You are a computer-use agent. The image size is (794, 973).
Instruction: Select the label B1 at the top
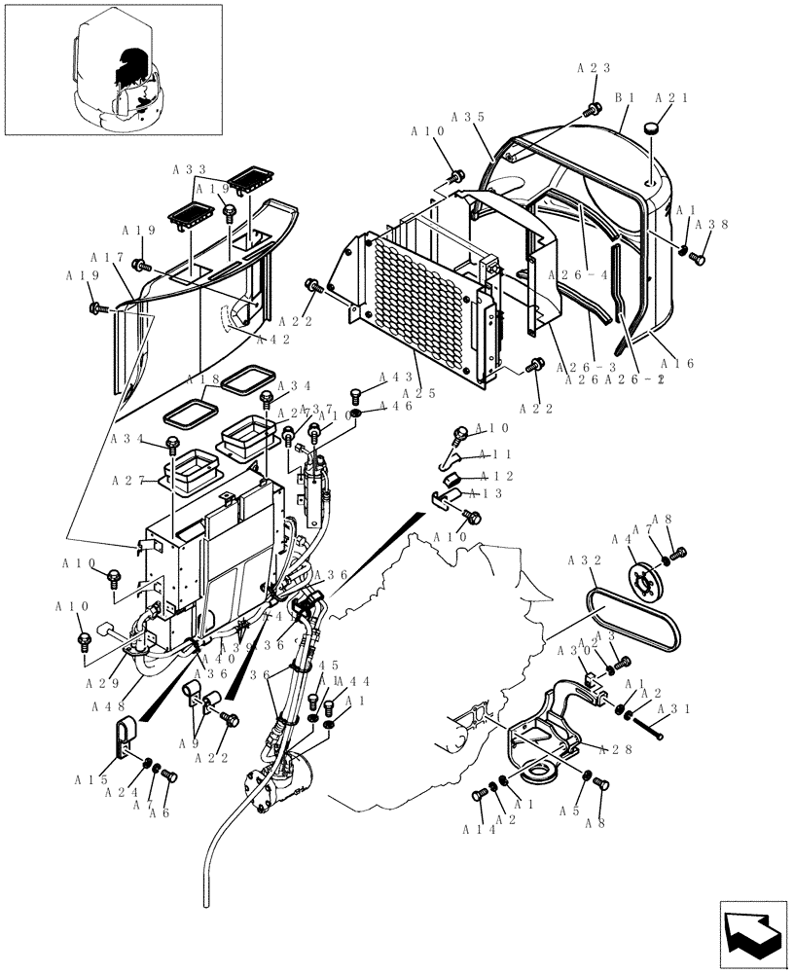[x=625, y=98]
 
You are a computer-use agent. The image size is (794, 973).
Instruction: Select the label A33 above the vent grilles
[x=190, y=168]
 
